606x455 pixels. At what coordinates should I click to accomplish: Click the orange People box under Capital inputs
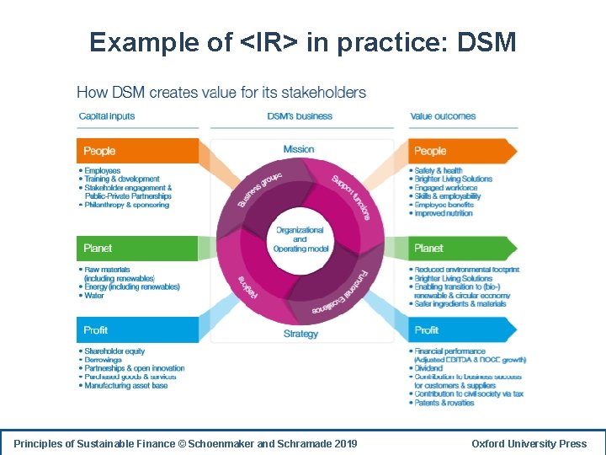point(137,151)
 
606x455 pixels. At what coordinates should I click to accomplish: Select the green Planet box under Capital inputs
point(137,249)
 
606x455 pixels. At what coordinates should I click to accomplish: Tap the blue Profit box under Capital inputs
point(137,330)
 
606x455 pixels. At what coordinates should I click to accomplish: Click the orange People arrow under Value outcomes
point(461,151)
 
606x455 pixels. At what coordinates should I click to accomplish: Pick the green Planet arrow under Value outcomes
point(461,249)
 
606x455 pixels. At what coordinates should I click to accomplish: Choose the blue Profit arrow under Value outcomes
point(461,330)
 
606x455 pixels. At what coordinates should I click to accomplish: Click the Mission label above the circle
point(299,149)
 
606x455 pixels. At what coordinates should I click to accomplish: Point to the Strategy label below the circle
point(300,334)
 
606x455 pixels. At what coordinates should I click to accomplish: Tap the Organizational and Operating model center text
point(299,239)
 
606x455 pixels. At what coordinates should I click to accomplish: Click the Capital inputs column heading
point(107,116)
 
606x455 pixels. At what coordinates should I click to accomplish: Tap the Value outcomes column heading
point(444,116)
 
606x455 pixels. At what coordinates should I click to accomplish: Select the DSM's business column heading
point(300,116)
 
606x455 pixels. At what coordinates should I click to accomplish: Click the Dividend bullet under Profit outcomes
point(429,368)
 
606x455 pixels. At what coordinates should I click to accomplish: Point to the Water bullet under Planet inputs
point(94,296)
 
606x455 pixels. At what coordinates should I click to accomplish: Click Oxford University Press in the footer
point(529,444)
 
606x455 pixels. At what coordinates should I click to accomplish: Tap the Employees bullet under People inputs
point(102,171)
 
